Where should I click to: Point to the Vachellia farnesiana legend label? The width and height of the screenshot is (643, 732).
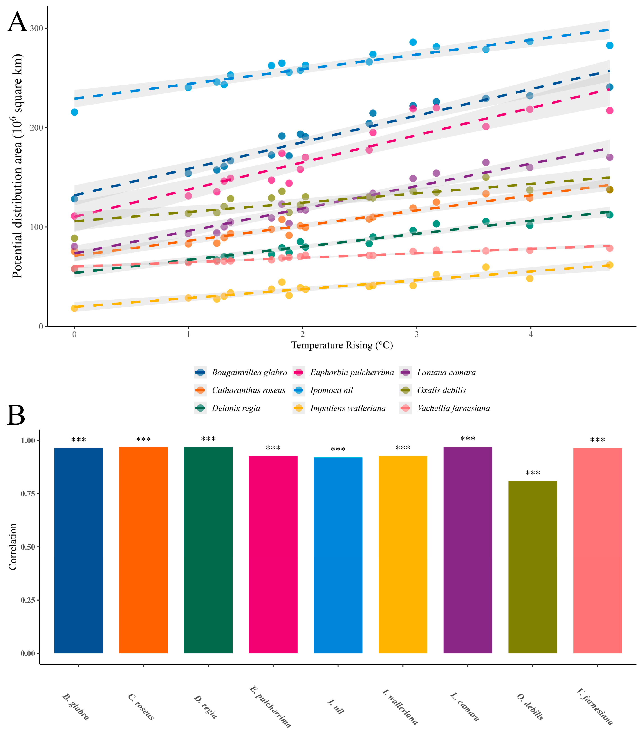tap(453, 408)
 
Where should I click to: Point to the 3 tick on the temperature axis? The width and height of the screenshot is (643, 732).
tap(417, 334)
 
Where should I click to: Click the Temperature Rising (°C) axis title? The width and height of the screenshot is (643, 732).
tap(342, 345)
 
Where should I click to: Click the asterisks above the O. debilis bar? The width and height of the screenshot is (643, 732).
tap(533, 473)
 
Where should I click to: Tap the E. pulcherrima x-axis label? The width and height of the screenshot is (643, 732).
tap(271, 706)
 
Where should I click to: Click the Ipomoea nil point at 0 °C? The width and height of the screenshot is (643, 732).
tap(74, 112)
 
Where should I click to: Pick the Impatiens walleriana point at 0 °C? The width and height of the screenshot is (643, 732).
tap(74, 308)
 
